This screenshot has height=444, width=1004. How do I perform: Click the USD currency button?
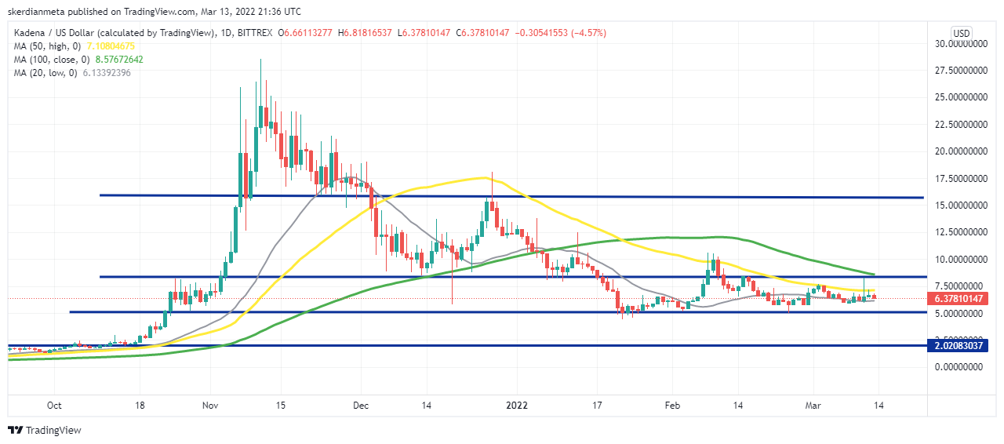coord(962,33)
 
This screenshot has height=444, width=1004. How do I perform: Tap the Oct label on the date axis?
coord(54,406)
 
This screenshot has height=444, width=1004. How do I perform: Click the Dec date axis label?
coord(361,406)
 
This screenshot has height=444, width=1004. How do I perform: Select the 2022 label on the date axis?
coord(515,406)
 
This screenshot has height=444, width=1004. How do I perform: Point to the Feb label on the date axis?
coord(672,406)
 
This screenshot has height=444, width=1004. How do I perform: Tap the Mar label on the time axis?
coord(813,406)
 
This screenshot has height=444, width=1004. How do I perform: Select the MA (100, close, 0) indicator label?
coord(49,60)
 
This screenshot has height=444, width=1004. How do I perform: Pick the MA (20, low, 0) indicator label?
coord(45,73)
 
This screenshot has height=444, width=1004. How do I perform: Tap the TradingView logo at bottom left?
coord(45,430)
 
